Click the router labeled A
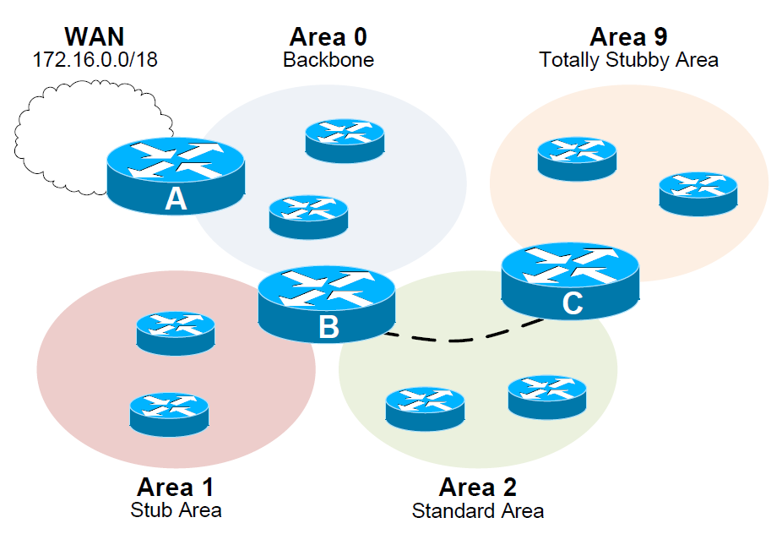click(176, 174)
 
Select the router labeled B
click(327, 304)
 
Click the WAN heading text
click(95, 37)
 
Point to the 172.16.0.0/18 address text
click(95, 60)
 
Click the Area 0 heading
click(329, 37)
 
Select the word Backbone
click(329, 60)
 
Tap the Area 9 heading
click(628, 37)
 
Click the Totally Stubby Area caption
click(628, 60)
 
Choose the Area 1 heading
click(176, 488)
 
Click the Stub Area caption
click(176, 509)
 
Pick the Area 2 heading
click(478, 488)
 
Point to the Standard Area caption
click(478, 510)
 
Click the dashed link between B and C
click(456, 340)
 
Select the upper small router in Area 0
click(345, 140)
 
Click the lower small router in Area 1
click(169, 414)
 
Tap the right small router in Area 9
click(698, 194)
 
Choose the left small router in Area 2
click(425, 409)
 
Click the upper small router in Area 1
click(176, 333)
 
